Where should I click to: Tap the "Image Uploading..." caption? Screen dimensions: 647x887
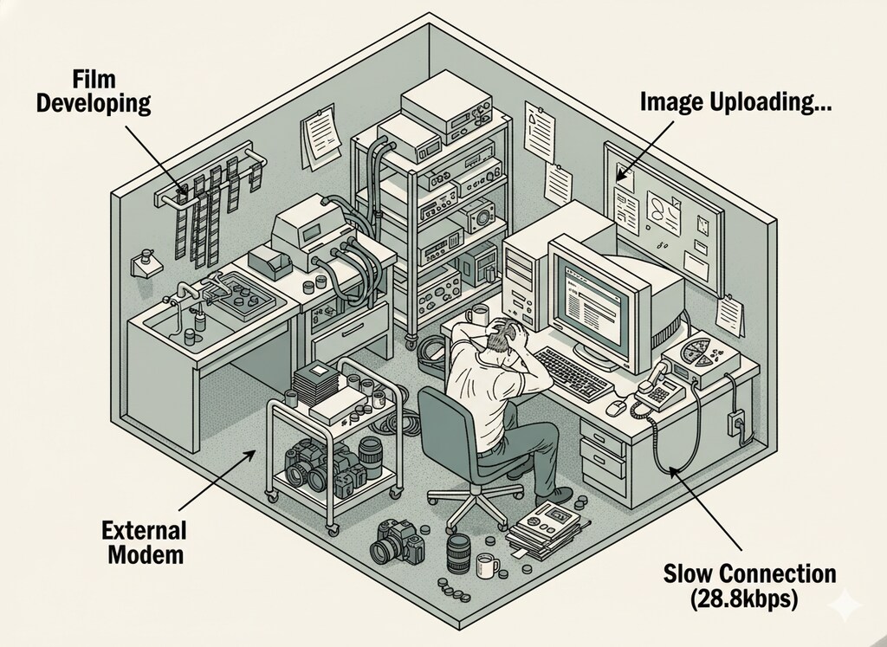[736, 102]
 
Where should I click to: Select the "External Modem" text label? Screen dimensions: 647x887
[144, 542]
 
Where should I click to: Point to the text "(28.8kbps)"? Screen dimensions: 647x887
[749, 598]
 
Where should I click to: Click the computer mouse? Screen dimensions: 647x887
[616, 405]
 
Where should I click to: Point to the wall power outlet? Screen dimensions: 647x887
[738, 423]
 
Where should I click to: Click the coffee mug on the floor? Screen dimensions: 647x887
[487, 567]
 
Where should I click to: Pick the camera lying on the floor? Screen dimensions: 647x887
[397, 541]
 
